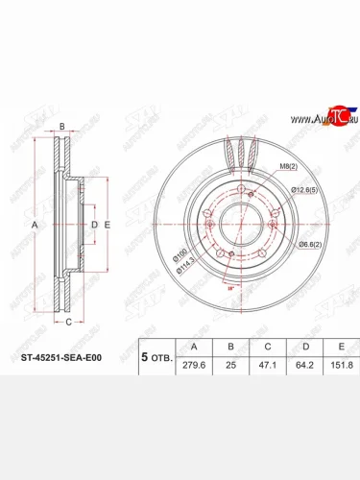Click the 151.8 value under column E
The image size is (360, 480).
tap(336, 363)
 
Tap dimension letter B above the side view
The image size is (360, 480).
tap(60, 128)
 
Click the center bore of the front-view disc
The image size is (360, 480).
tap(237, 226)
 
